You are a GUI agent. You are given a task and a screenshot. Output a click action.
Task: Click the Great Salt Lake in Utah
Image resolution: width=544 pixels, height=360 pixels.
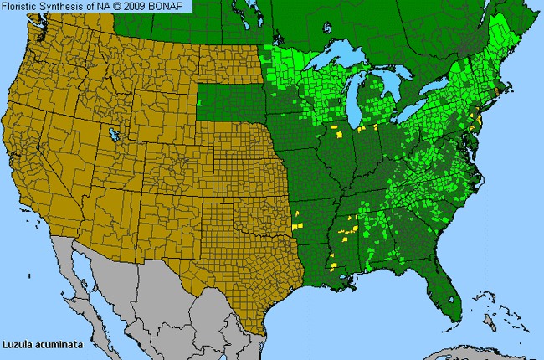tap(110, 134)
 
